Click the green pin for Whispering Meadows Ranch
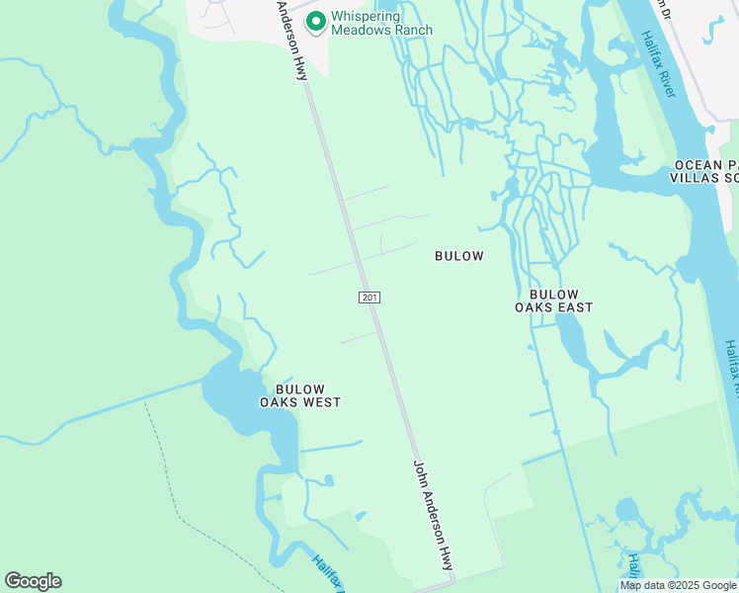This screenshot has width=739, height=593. point(315,21)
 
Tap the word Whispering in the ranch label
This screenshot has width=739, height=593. point(366,17)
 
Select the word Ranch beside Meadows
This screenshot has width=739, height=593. point(412,31)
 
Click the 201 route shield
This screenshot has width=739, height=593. point(368,296)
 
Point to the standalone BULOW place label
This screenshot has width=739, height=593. point(459,256)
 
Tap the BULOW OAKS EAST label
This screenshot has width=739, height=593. point(553,300)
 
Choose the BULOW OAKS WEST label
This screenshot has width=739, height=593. point(299,395)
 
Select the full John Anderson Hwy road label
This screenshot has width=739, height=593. point(433,515)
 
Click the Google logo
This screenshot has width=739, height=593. point(33,581)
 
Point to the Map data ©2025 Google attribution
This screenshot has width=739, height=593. point(678,585)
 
